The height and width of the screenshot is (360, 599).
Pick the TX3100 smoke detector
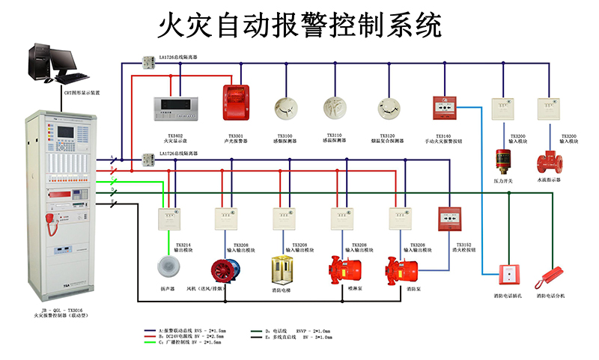[285, 108]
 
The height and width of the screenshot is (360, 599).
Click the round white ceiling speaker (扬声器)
[165, 266]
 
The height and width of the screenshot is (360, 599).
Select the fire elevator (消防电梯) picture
[283, 269]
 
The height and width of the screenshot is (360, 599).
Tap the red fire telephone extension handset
[548, 277]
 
